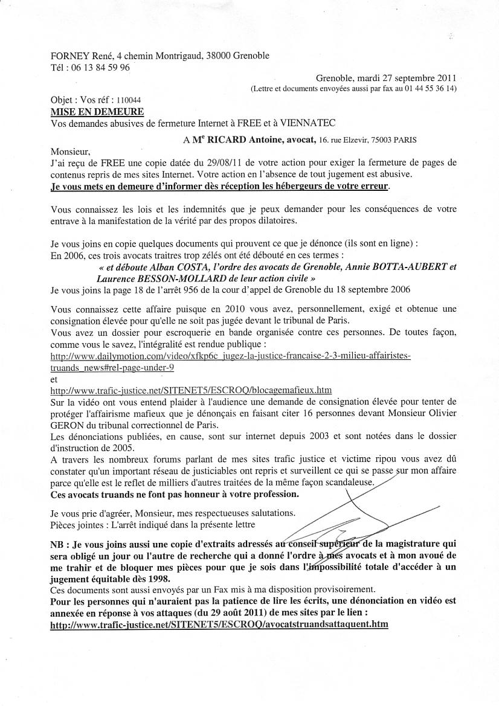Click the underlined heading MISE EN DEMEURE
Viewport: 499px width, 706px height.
tap(97, 112)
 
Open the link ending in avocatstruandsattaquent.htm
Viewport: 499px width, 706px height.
tap(219, 624)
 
